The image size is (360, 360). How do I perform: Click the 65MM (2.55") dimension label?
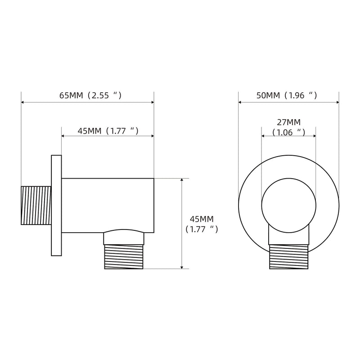[90, 95]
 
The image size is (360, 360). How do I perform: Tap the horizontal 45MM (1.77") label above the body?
[108, 131]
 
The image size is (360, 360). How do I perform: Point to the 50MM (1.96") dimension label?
[287, 95]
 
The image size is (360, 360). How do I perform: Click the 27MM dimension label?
[288, 122]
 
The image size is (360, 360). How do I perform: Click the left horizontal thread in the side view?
[36, 206]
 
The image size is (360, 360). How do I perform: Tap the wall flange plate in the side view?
[56, 206]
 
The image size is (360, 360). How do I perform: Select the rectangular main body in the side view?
[108, 206]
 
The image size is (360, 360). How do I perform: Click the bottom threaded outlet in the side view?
[124, 256]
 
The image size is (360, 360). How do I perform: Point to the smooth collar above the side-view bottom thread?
[124, 238]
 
